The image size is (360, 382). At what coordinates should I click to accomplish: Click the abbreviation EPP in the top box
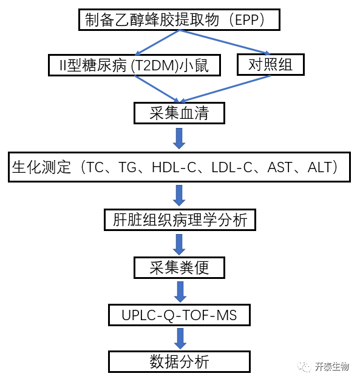(x=246, y=20)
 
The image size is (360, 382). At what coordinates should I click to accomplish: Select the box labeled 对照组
(x=271, y=64)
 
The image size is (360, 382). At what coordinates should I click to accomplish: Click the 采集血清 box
(x=179, y=113)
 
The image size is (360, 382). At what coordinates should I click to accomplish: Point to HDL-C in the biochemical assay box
(x=174, y=167)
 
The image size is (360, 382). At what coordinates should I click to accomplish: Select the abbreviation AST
(x=279, y=167)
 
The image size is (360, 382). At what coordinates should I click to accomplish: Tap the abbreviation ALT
(x=319, y=167)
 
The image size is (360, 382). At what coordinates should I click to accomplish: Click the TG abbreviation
(x=127, y=167)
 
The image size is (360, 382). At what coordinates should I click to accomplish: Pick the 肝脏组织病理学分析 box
(x=180, y=219)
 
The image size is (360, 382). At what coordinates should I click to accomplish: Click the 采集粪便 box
(x=179, y=267)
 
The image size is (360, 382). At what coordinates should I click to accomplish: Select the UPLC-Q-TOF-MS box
(x=179, y=315)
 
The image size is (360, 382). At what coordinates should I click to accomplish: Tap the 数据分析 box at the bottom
(x=179, y=362)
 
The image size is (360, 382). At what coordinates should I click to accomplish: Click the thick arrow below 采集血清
(x=179, y=138)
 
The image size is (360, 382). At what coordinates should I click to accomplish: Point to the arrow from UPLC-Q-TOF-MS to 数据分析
(x=180, y=338)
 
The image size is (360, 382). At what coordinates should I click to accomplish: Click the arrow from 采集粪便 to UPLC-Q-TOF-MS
(x=180, y=292)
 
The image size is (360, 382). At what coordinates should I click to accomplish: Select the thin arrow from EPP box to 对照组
(x=225, y=42)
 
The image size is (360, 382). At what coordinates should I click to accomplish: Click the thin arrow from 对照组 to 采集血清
(x=225, y=89)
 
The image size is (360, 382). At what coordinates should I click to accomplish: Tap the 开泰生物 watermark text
(x=332, y=366)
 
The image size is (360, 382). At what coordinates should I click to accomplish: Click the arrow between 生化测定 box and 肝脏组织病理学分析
(x=179, y=195)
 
